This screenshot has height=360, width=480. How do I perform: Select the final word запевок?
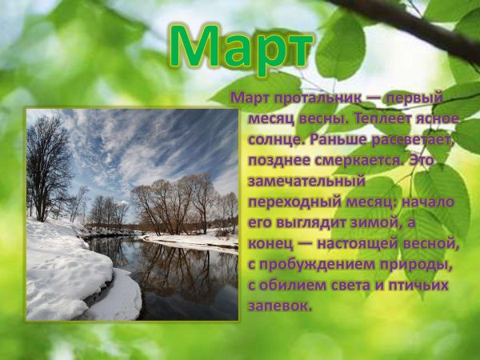point(276,306)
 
